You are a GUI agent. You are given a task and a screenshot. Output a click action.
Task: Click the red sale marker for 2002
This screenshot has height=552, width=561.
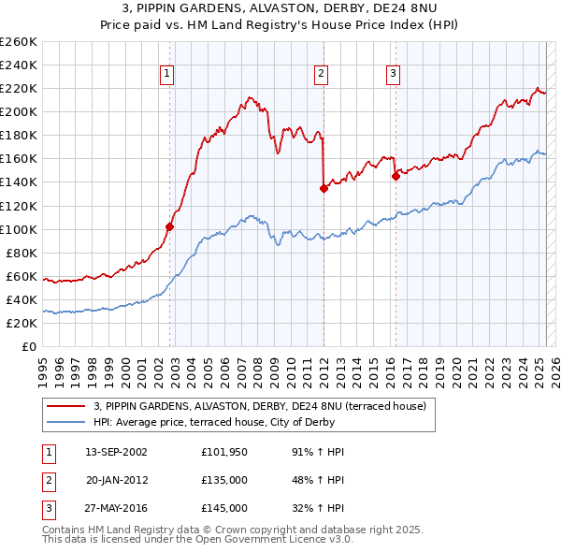(170, 225)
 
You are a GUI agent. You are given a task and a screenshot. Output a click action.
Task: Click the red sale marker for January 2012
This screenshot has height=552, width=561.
(324, 187)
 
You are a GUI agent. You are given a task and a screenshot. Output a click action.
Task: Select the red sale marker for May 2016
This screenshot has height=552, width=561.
(396, 175)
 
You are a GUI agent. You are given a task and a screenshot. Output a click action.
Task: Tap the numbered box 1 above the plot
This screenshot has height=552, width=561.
(166, 74)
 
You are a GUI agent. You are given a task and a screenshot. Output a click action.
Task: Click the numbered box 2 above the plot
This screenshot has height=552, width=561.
(321, 74)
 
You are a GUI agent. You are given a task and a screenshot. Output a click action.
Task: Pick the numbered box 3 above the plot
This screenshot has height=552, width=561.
(393, 74)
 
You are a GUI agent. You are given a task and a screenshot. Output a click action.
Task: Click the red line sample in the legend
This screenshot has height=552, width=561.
(67, 406)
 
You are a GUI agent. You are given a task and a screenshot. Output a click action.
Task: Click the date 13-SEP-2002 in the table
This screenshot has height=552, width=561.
(116, 451)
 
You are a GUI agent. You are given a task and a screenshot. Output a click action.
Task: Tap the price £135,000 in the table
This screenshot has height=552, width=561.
(224, 480)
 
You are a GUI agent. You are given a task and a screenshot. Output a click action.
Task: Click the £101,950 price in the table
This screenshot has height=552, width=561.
(224, 451)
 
